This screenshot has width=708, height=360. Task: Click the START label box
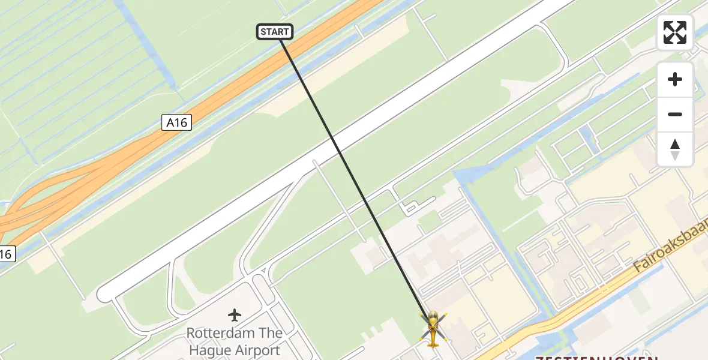point(275,32)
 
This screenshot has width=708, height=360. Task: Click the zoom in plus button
point(675,80)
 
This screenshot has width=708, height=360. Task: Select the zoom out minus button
point(675,114)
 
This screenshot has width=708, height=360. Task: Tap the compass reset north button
point(675,149)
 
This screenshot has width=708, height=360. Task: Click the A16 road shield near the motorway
point(176,123)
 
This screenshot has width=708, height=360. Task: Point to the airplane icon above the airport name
point(235,314)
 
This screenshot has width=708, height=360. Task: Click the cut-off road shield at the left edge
point(5,254)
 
